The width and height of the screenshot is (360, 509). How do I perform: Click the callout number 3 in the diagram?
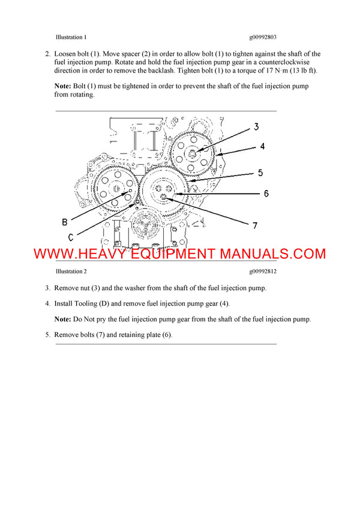point(256,127)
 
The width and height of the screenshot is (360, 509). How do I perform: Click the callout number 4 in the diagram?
point(262,146)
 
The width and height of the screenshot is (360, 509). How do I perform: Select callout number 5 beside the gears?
point(260,173)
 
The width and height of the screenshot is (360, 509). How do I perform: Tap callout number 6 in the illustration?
point(266,194)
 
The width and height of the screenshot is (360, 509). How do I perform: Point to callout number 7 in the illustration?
point(254,225)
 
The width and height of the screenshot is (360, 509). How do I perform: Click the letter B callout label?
point(65,222)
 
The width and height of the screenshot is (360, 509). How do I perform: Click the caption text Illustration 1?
point(71,37)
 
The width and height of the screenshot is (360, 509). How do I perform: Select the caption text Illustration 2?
point(71,271)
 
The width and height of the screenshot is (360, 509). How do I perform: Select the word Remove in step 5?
point(66,335)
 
